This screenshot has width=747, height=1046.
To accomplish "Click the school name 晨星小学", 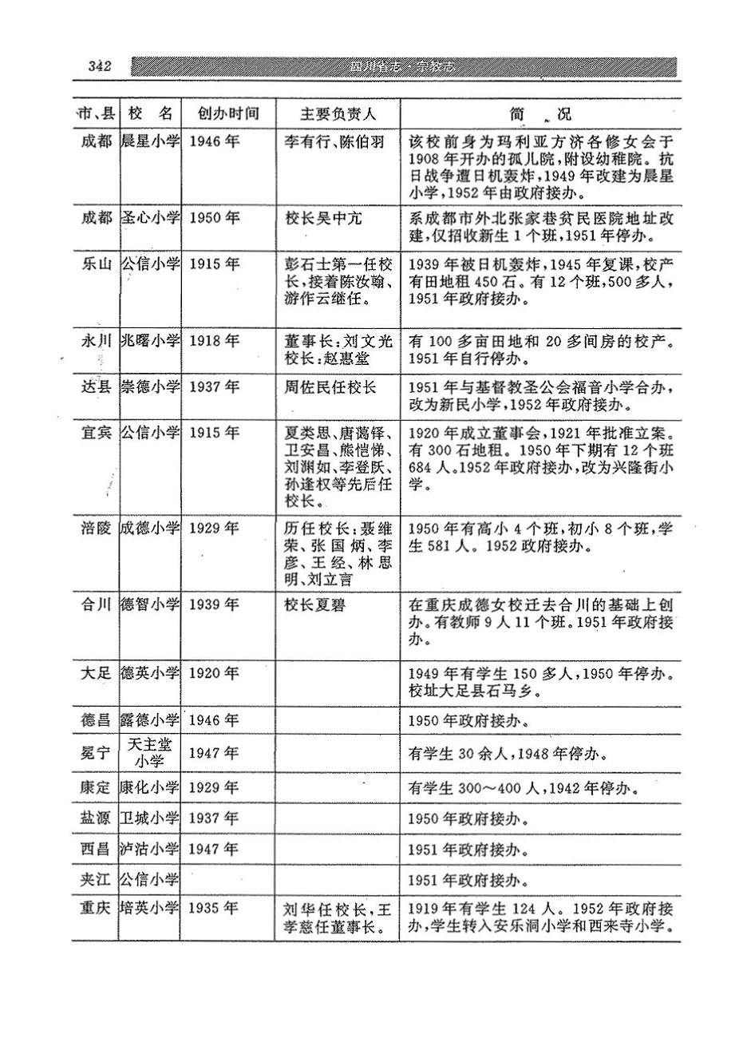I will point(151,142).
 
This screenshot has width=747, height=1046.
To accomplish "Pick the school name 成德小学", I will point(151,528).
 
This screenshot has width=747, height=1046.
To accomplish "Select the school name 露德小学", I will point(151,720).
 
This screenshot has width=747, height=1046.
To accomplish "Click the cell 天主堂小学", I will point(151,753).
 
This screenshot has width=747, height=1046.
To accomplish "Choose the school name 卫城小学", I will point(151,818).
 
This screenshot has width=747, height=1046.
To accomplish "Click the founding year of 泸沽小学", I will point(215,849).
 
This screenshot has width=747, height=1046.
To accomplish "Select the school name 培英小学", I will point(151,909).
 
